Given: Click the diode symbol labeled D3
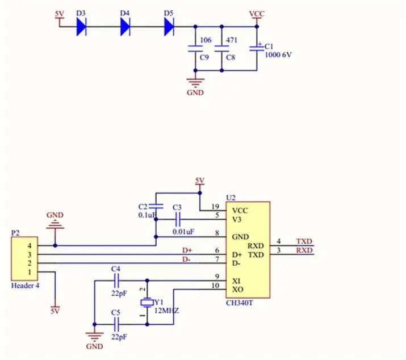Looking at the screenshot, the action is (x=82, y=27).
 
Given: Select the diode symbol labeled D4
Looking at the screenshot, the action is (x=125, y=27).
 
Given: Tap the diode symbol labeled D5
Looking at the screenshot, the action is (x=169, y=27).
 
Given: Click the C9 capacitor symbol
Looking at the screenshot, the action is (x=195, y=49).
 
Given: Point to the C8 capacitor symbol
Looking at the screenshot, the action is (x=221, y=49).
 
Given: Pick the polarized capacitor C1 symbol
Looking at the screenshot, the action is (x=257, y=48).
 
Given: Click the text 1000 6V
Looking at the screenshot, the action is (x=278, y=55).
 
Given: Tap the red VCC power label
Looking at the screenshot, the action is (x=257, y=14).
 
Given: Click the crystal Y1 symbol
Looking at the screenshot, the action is (x=147, y=303).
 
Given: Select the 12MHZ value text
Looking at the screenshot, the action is (x=166, y=311).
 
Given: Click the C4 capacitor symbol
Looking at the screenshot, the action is (x=116, y=281).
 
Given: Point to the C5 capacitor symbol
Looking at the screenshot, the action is (x=116, y=324).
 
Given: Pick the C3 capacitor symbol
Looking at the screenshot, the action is (x=178, y=219).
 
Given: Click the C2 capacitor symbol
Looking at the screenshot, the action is (x=156, y=207).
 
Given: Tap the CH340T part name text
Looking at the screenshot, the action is (x=239, y=303).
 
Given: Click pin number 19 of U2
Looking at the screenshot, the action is (x=215, y=207).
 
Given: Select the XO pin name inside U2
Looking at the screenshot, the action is (x=237, y=290).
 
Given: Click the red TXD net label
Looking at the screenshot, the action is (x=304, y=241).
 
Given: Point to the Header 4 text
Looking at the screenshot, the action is (x=26, y=286).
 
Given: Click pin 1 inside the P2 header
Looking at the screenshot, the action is (x=30, y=272).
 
